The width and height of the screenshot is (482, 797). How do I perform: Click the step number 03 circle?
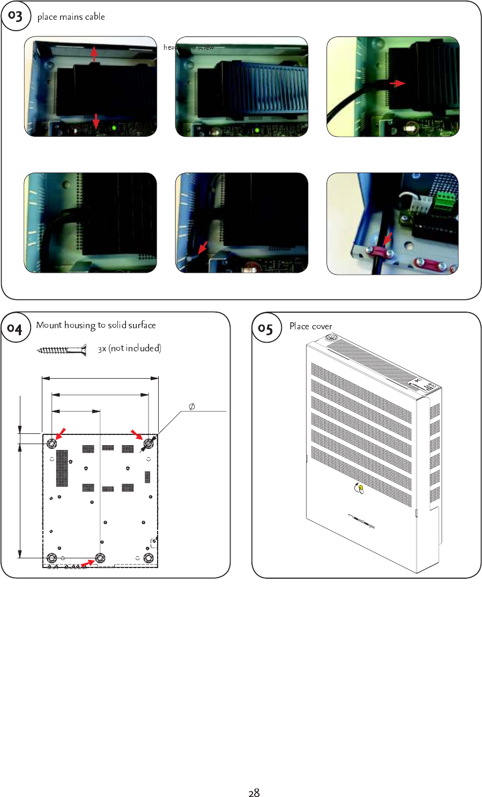click(16, 16)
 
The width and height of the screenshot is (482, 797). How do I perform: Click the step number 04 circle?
click(15, 328)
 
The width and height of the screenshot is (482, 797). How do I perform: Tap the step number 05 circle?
click(266, 328)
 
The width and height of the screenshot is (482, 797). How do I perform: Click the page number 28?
click(254, 793)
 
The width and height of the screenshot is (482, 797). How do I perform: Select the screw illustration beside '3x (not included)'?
click(62, 350)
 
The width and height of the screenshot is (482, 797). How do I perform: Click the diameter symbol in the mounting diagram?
click(191, 407)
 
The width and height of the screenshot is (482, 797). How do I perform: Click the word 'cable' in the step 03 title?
click(95, 17)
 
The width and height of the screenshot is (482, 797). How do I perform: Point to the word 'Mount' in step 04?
click(49, 325)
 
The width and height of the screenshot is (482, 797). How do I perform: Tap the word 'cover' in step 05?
click(322, 326)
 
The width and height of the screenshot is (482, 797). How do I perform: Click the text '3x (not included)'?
click(129, 349)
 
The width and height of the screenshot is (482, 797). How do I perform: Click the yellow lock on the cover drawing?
click(361, 488)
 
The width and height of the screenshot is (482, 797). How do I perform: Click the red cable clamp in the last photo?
click(379, 250)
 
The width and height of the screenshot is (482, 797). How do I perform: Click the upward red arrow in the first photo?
click(94, 54)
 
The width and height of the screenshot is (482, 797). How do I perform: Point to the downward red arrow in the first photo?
click(95, 122)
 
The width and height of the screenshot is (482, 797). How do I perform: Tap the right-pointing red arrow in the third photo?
click(397, 83)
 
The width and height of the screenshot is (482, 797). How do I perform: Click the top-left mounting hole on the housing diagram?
click(51, 444)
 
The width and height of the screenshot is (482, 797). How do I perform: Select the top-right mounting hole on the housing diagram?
click(148, 444)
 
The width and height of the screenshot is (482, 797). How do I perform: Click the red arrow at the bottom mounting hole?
click(87, 563)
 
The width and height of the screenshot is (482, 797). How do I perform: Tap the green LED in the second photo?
click(257, 130)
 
